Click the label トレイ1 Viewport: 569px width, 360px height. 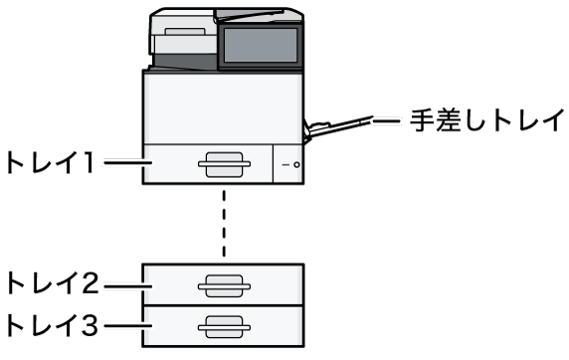coord(51,162)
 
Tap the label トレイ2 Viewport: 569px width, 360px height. coord(53,283)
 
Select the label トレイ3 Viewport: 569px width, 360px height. coord(53,324)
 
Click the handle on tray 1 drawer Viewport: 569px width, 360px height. coord(224,164)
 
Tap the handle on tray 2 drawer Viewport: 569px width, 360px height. coord(224,286)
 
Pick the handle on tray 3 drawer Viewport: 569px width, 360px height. coord(224,327)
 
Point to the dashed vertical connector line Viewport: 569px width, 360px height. coord(224,224)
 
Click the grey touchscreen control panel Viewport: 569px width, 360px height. coord(261,46)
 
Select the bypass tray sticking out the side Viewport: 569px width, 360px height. coord(337,127)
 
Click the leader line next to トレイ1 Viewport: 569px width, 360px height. coord(127,162)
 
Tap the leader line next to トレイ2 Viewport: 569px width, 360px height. coord(127,286)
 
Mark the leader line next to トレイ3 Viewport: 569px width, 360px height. coord(127,325)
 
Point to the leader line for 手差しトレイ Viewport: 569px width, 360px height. coord(386,121)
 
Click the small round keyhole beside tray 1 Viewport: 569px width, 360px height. coord(296,165)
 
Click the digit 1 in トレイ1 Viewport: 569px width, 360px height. coord(89,162)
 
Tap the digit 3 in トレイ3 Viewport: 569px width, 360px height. coord(90,324)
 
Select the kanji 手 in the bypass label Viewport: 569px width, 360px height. coord(422,120)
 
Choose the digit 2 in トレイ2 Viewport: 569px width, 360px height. coord(90,283)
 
